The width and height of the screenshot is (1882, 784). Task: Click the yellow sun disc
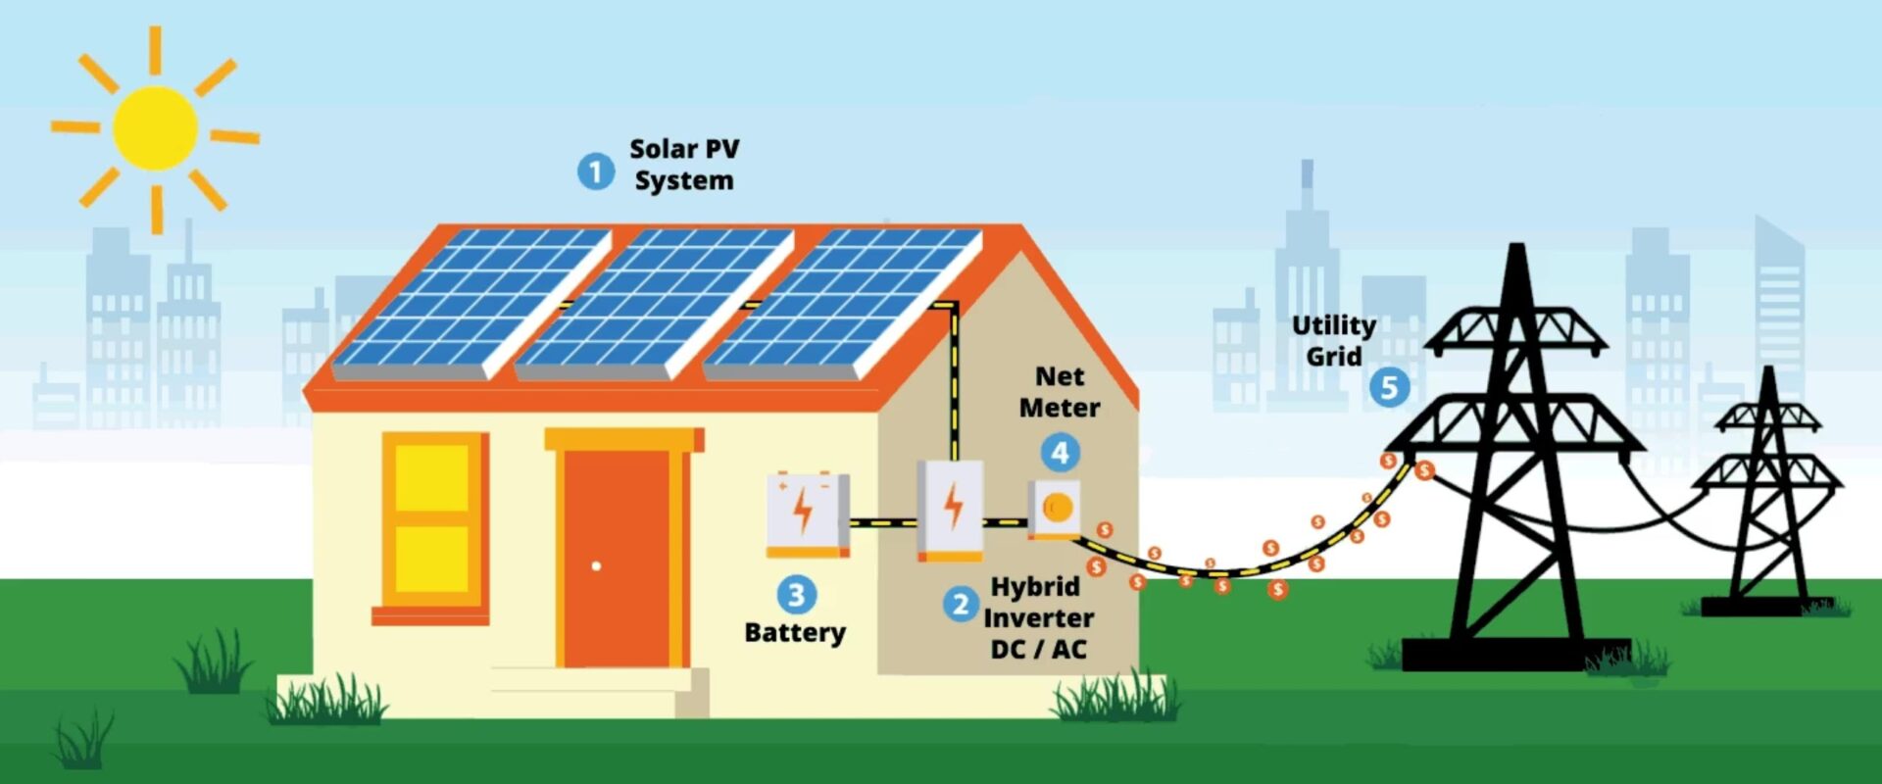[x=155, y=128]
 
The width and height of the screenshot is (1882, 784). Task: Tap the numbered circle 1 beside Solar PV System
[x=595, y=171]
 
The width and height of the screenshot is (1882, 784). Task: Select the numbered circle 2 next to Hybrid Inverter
[x=961, y=604]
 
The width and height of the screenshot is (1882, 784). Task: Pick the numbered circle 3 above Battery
[x=796, y=594]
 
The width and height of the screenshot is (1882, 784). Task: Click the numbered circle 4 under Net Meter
[x=1060, y=453]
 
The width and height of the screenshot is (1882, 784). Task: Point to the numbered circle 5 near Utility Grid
[x=1389, y=387]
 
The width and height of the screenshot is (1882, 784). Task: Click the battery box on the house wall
[x=807, y=514]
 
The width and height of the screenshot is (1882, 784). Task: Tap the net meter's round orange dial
[x=1058, y=508]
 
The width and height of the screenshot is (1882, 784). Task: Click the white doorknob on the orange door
[x=596, y=565]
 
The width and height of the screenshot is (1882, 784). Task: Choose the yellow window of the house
[x=431, y=519]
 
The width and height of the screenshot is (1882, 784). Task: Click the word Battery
[x=794, y=633]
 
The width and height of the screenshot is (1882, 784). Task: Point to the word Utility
[x=1333, y=325]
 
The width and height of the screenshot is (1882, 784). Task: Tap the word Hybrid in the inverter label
[x=1035, y=587]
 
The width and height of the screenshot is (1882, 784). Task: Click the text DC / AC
[x=1038, y=650]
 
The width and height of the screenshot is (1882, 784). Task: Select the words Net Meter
[x=1060, y=392]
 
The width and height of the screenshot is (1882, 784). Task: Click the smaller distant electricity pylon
[x=1767, y=490]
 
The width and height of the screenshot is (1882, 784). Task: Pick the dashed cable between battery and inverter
[x=882, y=523]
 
